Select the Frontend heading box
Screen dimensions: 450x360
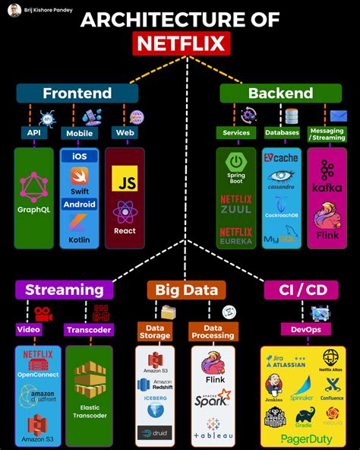77,93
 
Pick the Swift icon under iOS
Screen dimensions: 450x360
79,176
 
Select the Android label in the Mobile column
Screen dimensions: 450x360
79,204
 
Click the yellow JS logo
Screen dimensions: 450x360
125,178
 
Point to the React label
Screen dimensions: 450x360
125,230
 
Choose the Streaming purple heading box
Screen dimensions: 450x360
64,290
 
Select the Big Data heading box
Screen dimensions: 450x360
186,290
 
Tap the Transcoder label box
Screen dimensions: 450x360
89,330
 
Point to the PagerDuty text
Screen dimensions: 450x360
302,438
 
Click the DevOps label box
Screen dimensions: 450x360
302,329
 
